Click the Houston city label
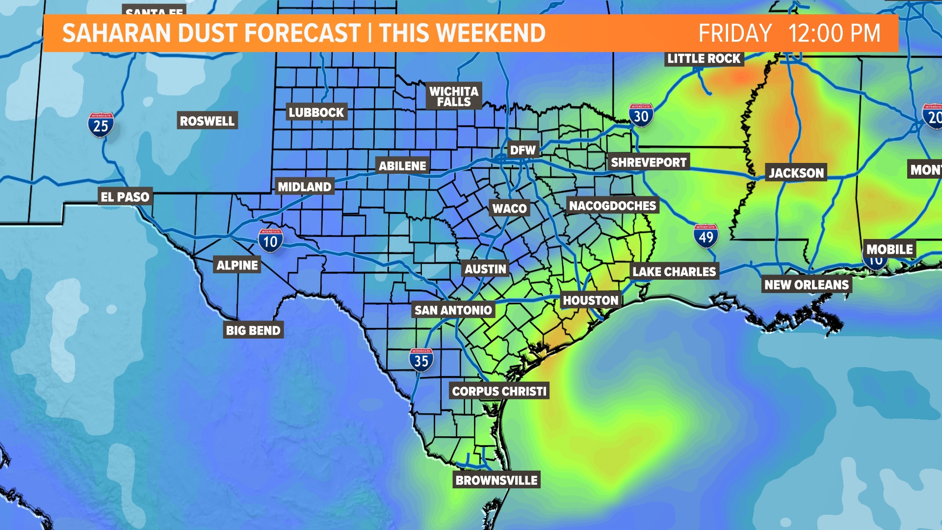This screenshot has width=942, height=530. [x=591, y=300]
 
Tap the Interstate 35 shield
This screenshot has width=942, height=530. [x=421, y=360]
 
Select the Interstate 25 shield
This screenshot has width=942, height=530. [x=101, y=125]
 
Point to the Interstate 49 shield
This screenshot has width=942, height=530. [x=706, y=236]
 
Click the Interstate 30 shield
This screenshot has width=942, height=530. [x=641, y=116]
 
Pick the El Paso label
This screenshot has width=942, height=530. [x=125, y=197]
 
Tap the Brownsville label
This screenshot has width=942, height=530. [x=497, y=480]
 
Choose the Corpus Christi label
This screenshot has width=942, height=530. [x=499, y=391]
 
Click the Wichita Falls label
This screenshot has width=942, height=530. [x=454, y=96]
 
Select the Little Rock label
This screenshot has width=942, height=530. [x=704, y=58]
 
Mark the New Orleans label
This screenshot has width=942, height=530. [x=806, y=285]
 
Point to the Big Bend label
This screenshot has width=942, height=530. [x=253, y=330]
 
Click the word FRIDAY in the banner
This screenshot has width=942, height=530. [x=735, y=33]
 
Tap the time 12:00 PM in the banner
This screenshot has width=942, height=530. [x=834, y=33]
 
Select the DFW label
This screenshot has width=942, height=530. [x=523, y=150]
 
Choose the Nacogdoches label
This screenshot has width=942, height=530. [x=612, y=206]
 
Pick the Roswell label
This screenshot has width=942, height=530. [x=207, y=121]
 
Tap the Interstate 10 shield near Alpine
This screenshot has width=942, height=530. [x=270, y=240]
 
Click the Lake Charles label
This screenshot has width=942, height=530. [x=674, y=271]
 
